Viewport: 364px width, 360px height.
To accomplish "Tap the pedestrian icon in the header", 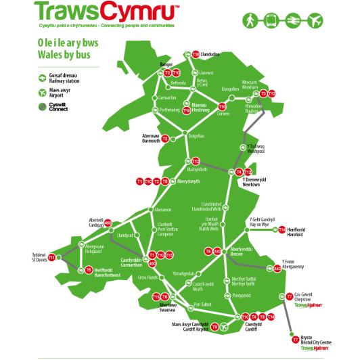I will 252,20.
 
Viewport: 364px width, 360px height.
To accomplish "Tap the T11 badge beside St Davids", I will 51,258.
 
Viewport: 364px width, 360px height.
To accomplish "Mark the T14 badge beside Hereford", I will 282,230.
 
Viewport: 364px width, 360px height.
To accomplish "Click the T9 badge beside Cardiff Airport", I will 214,327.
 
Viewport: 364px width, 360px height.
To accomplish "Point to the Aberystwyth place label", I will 191,181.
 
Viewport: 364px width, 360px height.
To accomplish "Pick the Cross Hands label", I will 148,277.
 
